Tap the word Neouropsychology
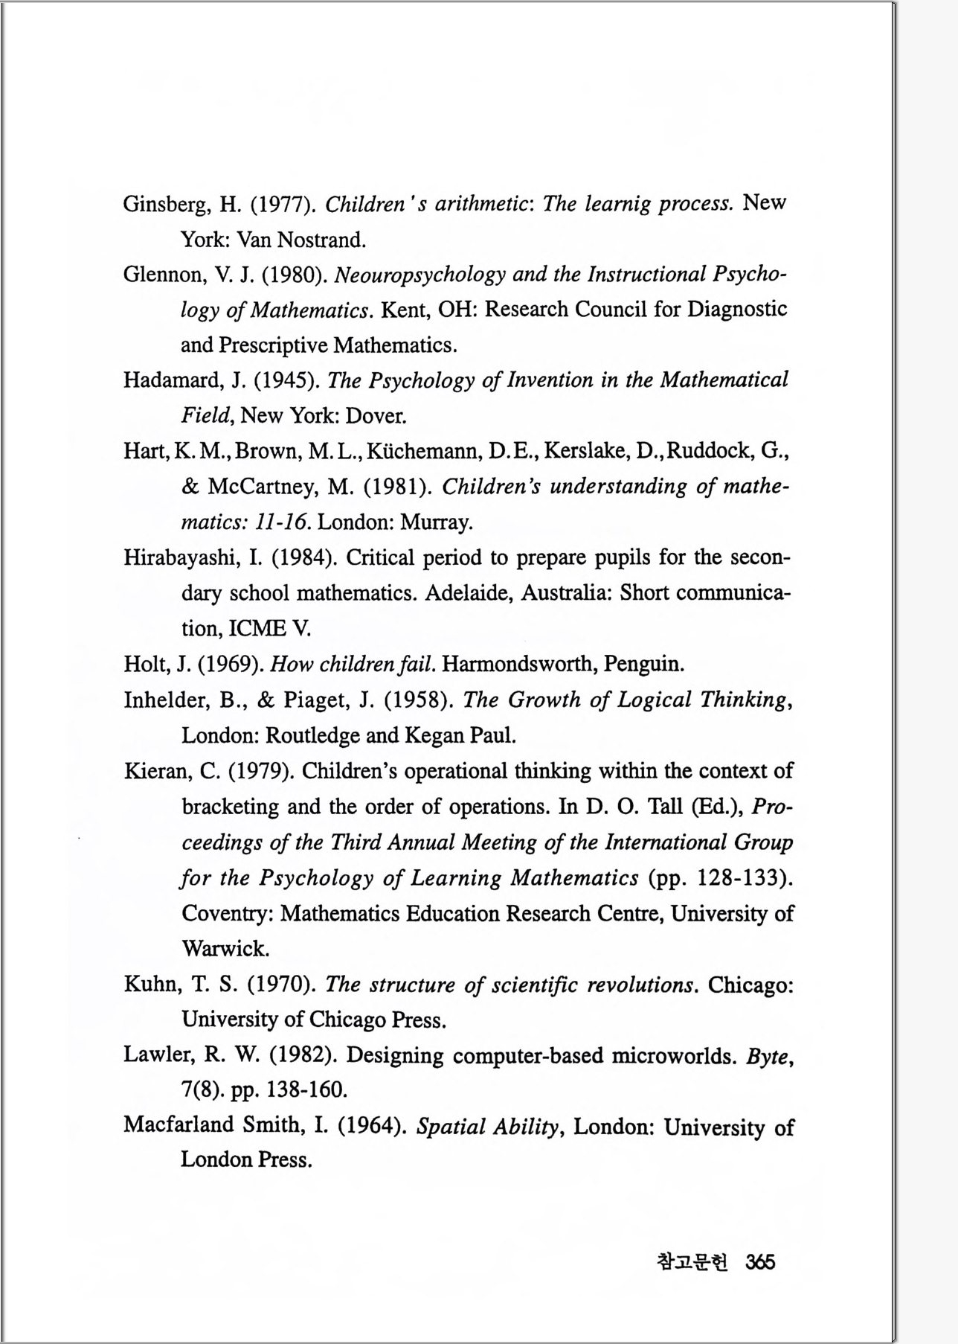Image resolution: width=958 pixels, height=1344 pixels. pos(420,275)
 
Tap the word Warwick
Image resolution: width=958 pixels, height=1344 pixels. pos(225,949)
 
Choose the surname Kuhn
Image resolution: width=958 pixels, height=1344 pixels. pos(151,985)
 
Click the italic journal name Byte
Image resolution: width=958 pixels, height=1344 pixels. pos(766,1056)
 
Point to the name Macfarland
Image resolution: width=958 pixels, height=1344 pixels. pos(179,1125)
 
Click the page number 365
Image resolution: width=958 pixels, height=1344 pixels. pos(760,1262)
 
